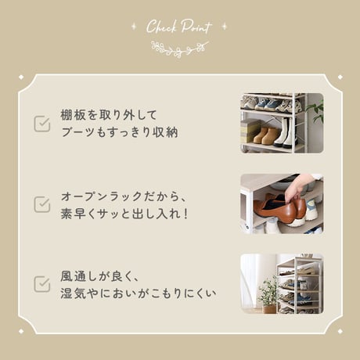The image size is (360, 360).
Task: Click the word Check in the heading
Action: click(161, 27)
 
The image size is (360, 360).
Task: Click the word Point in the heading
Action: click(196, 27)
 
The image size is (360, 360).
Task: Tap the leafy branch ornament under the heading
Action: click(180, 49)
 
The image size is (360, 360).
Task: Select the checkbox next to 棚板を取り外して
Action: click(42, 124)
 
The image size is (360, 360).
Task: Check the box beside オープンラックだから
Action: click(42, 204)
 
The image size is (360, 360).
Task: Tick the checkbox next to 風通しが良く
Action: click(42, 284)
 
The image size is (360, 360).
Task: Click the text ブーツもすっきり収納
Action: click(120, 132)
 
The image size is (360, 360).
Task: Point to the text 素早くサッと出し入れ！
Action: click(124, 214)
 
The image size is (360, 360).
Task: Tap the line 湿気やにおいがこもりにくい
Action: click(139, 293)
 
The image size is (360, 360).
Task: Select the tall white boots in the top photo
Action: click(286, 132)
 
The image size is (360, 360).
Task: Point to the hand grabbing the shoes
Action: click(299, 187)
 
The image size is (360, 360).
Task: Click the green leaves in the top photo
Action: click(316, 111)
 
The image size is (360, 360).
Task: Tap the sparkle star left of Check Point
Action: click(135, 26)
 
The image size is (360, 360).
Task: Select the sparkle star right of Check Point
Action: click(224, 26)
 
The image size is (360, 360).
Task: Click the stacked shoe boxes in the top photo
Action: click(248, 132)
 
